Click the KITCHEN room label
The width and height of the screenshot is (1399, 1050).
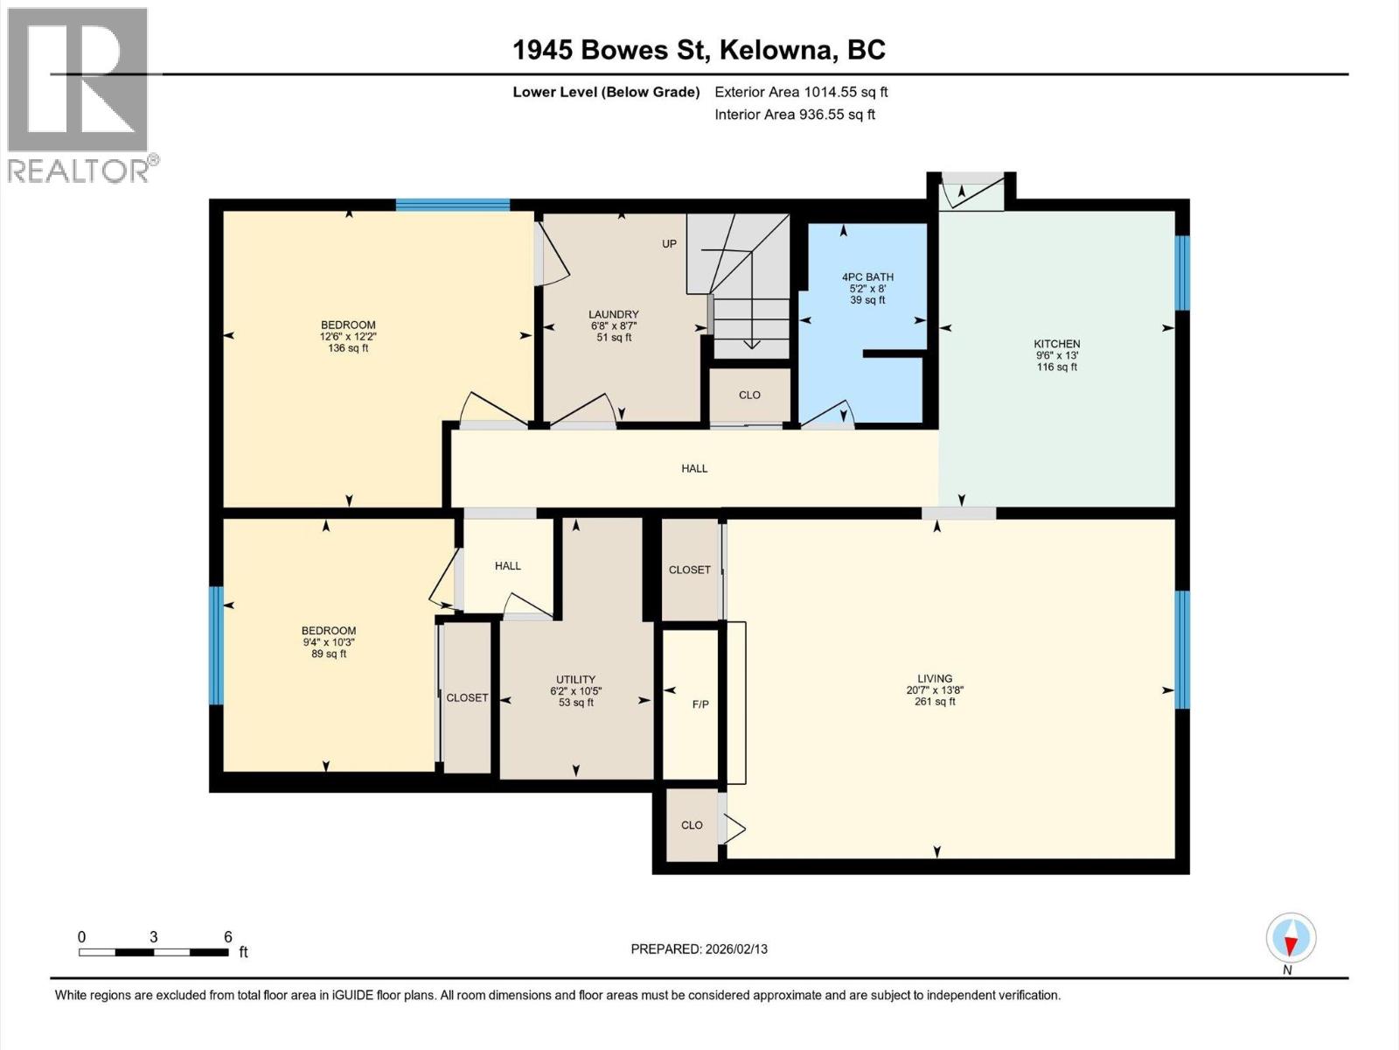pos(1056,344)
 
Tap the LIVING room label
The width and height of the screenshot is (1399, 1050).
pos(934,678)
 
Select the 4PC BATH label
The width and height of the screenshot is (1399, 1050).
pos(867,277)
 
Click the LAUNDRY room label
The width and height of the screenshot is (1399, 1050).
pos(613,315)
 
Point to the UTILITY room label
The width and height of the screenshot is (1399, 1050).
pos(575,680)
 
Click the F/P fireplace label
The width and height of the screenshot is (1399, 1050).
pos(699,703)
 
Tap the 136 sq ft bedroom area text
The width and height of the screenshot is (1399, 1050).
pos(347,348)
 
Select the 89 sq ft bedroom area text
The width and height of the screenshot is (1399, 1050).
pos(329,654)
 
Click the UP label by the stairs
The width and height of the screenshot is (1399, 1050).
pos(669,244)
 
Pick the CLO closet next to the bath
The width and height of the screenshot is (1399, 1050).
pos(749,395)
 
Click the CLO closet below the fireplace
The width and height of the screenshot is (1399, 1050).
pos(692,825)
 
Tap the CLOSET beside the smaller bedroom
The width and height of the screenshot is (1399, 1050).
pos(467,697)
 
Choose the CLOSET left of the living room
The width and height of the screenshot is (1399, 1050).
pos(689,570)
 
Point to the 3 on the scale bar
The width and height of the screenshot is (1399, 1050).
pos(154,937)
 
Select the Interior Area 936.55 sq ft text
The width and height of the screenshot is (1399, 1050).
pos(794,115)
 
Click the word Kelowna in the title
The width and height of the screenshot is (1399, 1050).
pos(775,50)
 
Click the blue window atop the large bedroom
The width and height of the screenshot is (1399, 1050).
pos(452,205)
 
